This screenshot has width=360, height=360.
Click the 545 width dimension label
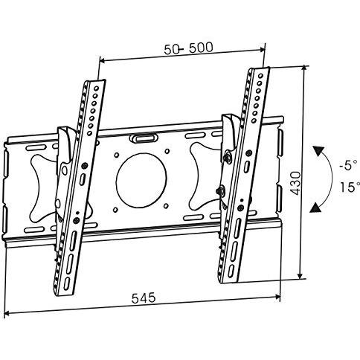click(x=144, y=298)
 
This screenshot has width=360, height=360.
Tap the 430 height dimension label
click(x=295, y=183)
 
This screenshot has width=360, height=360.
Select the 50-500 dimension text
click(x=188, y=48)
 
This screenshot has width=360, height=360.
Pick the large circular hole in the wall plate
click(x=141, y=180)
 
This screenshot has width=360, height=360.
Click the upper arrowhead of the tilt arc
click(x=318, y=151)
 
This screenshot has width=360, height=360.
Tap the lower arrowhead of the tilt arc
click(x=315, y=208)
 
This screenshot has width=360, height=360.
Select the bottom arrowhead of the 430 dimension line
click(x=300, y=276)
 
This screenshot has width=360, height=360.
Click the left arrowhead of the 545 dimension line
click(x=7, y=314)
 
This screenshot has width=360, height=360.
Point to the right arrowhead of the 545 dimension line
click(x=277, y=297)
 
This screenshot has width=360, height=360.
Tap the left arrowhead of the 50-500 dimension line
click(x=102, y=60)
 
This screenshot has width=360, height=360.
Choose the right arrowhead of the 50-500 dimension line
click(x=263, y=50)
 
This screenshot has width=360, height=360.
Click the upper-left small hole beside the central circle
click(x=116, y=155)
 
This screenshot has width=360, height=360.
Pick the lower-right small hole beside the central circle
click(x=166, y=206)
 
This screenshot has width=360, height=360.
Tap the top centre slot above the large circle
click(x=144, y=138)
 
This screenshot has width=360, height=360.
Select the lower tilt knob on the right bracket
click(x=220, y=190)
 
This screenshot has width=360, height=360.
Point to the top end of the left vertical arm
click(x=95, y=80)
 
